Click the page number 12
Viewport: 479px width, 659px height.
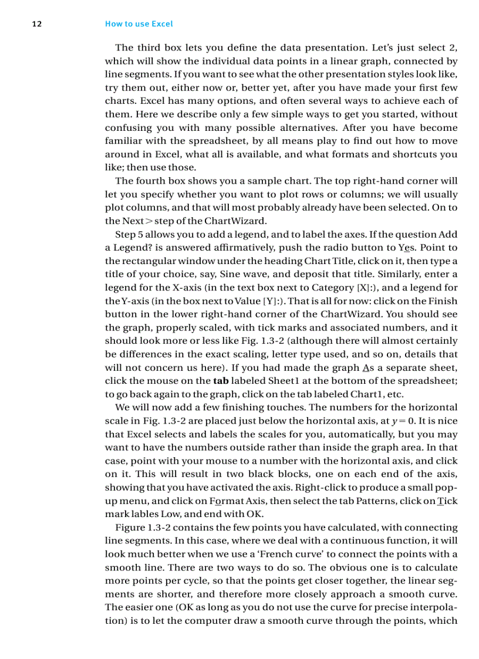[x=36, y=24]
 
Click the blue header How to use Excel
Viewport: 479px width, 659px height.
[x=139, y=24]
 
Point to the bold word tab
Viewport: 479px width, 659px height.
[x=221, y=381]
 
